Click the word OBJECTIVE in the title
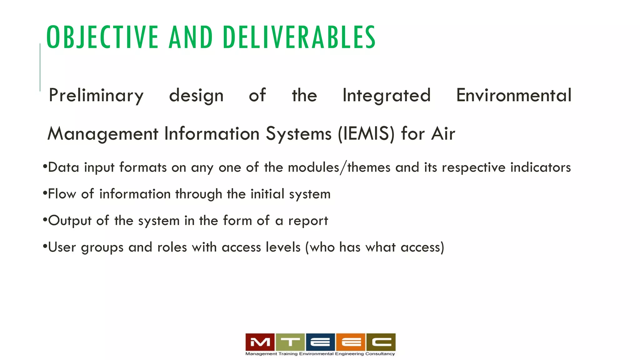[x=102, y=37]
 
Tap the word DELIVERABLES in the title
[x=299, y=37]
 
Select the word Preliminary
[x=96, y=95]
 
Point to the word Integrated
[x=386, y=95]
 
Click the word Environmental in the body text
[x=514, y=95]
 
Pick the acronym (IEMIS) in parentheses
[x=366, y=134]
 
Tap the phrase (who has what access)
[x=374, y=247]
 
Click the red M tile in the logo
[x=260, y=342]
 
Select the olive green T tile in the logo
[x=290, y=342]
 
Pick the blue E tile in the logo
[x=320, y=342]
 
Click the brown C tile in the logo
[x=381, y=342]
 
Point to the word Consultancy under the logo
[x=380, y=354]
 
